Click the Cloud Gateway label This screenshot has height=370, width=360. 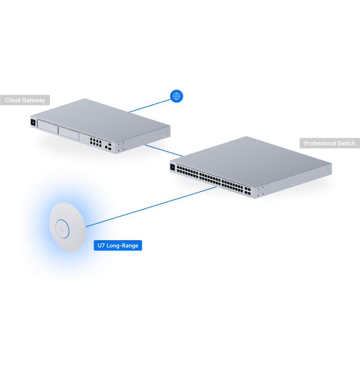click(x=25, y=100)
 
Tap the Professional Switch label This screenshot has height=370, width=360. click(x=330, y=143)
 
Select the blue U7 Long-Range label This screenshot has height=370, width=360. click(x=118, y=245)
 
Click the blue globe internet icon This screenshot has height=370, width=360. click(x=176, y=96)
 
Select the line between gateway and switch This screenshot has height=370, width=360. click(x=164, y=151)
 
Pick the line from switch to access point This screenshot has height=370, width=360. click(x=151, y=207)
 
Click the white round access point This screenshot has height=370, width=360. click(x=67, y=227)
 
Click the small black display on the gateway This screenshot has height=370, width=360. click(x=33, y=122)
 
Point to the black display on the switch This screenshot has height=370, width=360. click(x=172, y=167)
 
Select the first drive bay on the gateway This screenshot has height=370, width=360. click(x=48, y=127)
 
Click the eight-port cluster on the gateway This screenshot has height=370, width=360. click(x=95, y=142)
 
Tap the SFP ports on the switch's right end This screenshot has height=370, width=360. click(x=248, y=191)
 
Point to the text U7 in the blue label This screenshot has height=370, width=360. click(x=101, y=245)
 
